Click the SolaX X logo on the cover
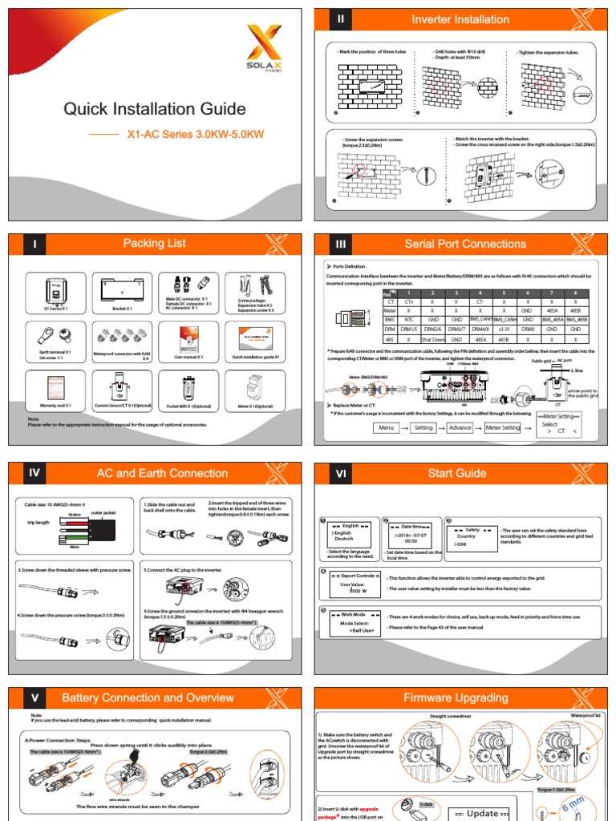[x=263, y=45]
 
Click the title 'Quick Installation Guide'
[x=154, y=109]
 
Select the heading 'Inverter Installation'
[x=460, y=19]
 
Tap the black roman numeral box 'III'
[x=341, y=244]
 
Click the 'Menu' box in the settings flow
[x=387, y=427]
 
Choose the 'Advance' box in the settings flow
[x=460, y=427]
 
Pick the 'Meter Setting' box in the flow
[x=503, y=427]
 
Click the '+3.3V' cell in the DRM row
[x=504, y=329]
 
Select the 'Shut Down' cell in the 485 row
[x=432, y=339]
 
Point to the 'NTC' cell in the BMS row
[x=409, y=319]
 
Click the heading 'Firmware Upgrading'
[x=460, y=698]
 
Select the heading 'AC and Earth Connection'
[x=162, y=473]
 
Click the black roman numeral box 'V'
[x=34, y=698]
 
